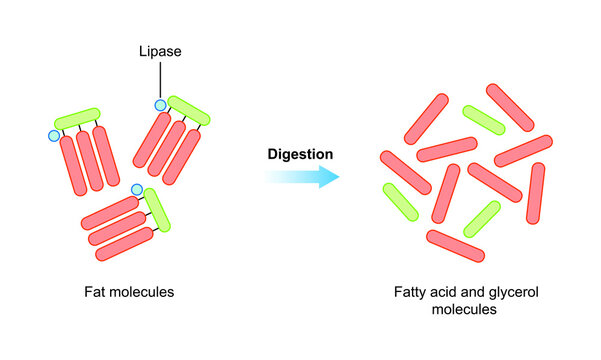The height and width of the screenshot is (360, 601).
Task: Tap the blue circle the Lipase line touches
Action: [x=159, y=104]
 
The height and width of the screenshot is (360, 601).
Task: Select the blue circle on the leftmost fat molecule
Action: [x=54, y=135]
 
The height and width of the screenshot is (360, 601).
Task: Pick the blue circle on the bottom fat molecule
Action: [x=137, y=188]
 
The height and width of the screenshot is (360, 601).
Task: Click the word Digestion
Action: [x=300, y=154]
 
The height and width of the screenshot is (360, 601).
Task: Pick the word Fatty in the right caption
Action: [x=412, y=294]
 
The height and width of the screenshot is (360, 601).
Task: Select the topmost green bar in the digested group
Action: [x=483, y=119]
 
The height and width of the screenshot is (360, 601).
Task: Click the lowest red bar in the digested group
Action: [x=455, y=246]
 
